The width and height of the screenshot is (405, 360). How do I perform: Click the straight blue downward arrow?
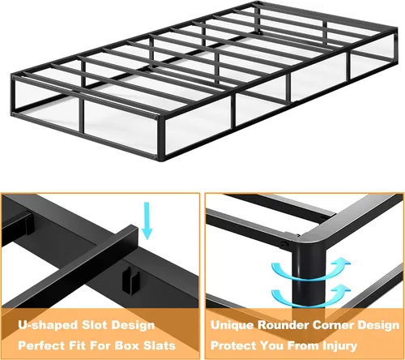[147, 221]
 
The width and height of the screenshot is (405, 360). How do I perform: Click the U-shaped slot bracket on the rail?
[131, 281]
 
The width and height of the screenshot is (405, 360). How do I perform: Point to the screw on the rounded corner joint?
[283, 245]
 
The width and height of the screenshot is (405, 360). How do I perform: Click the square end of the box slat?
[133, 232]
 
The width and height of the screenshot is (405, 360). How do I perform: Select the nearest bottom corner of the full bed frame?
[161, 160]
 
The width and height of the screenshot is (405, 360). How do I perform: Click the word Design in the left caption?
[133, 326]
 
